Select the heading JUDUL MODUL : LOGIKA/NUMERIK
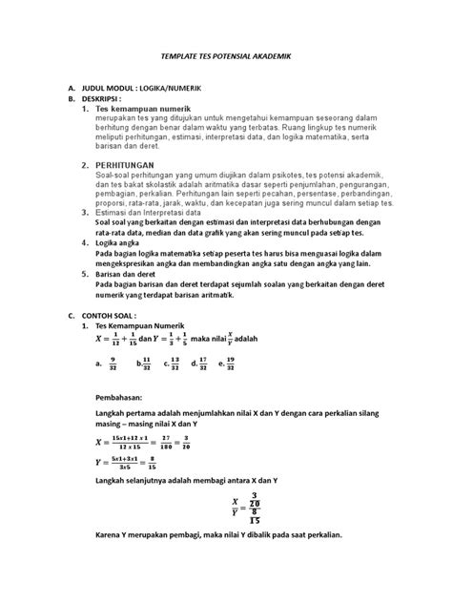(145, 87)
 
